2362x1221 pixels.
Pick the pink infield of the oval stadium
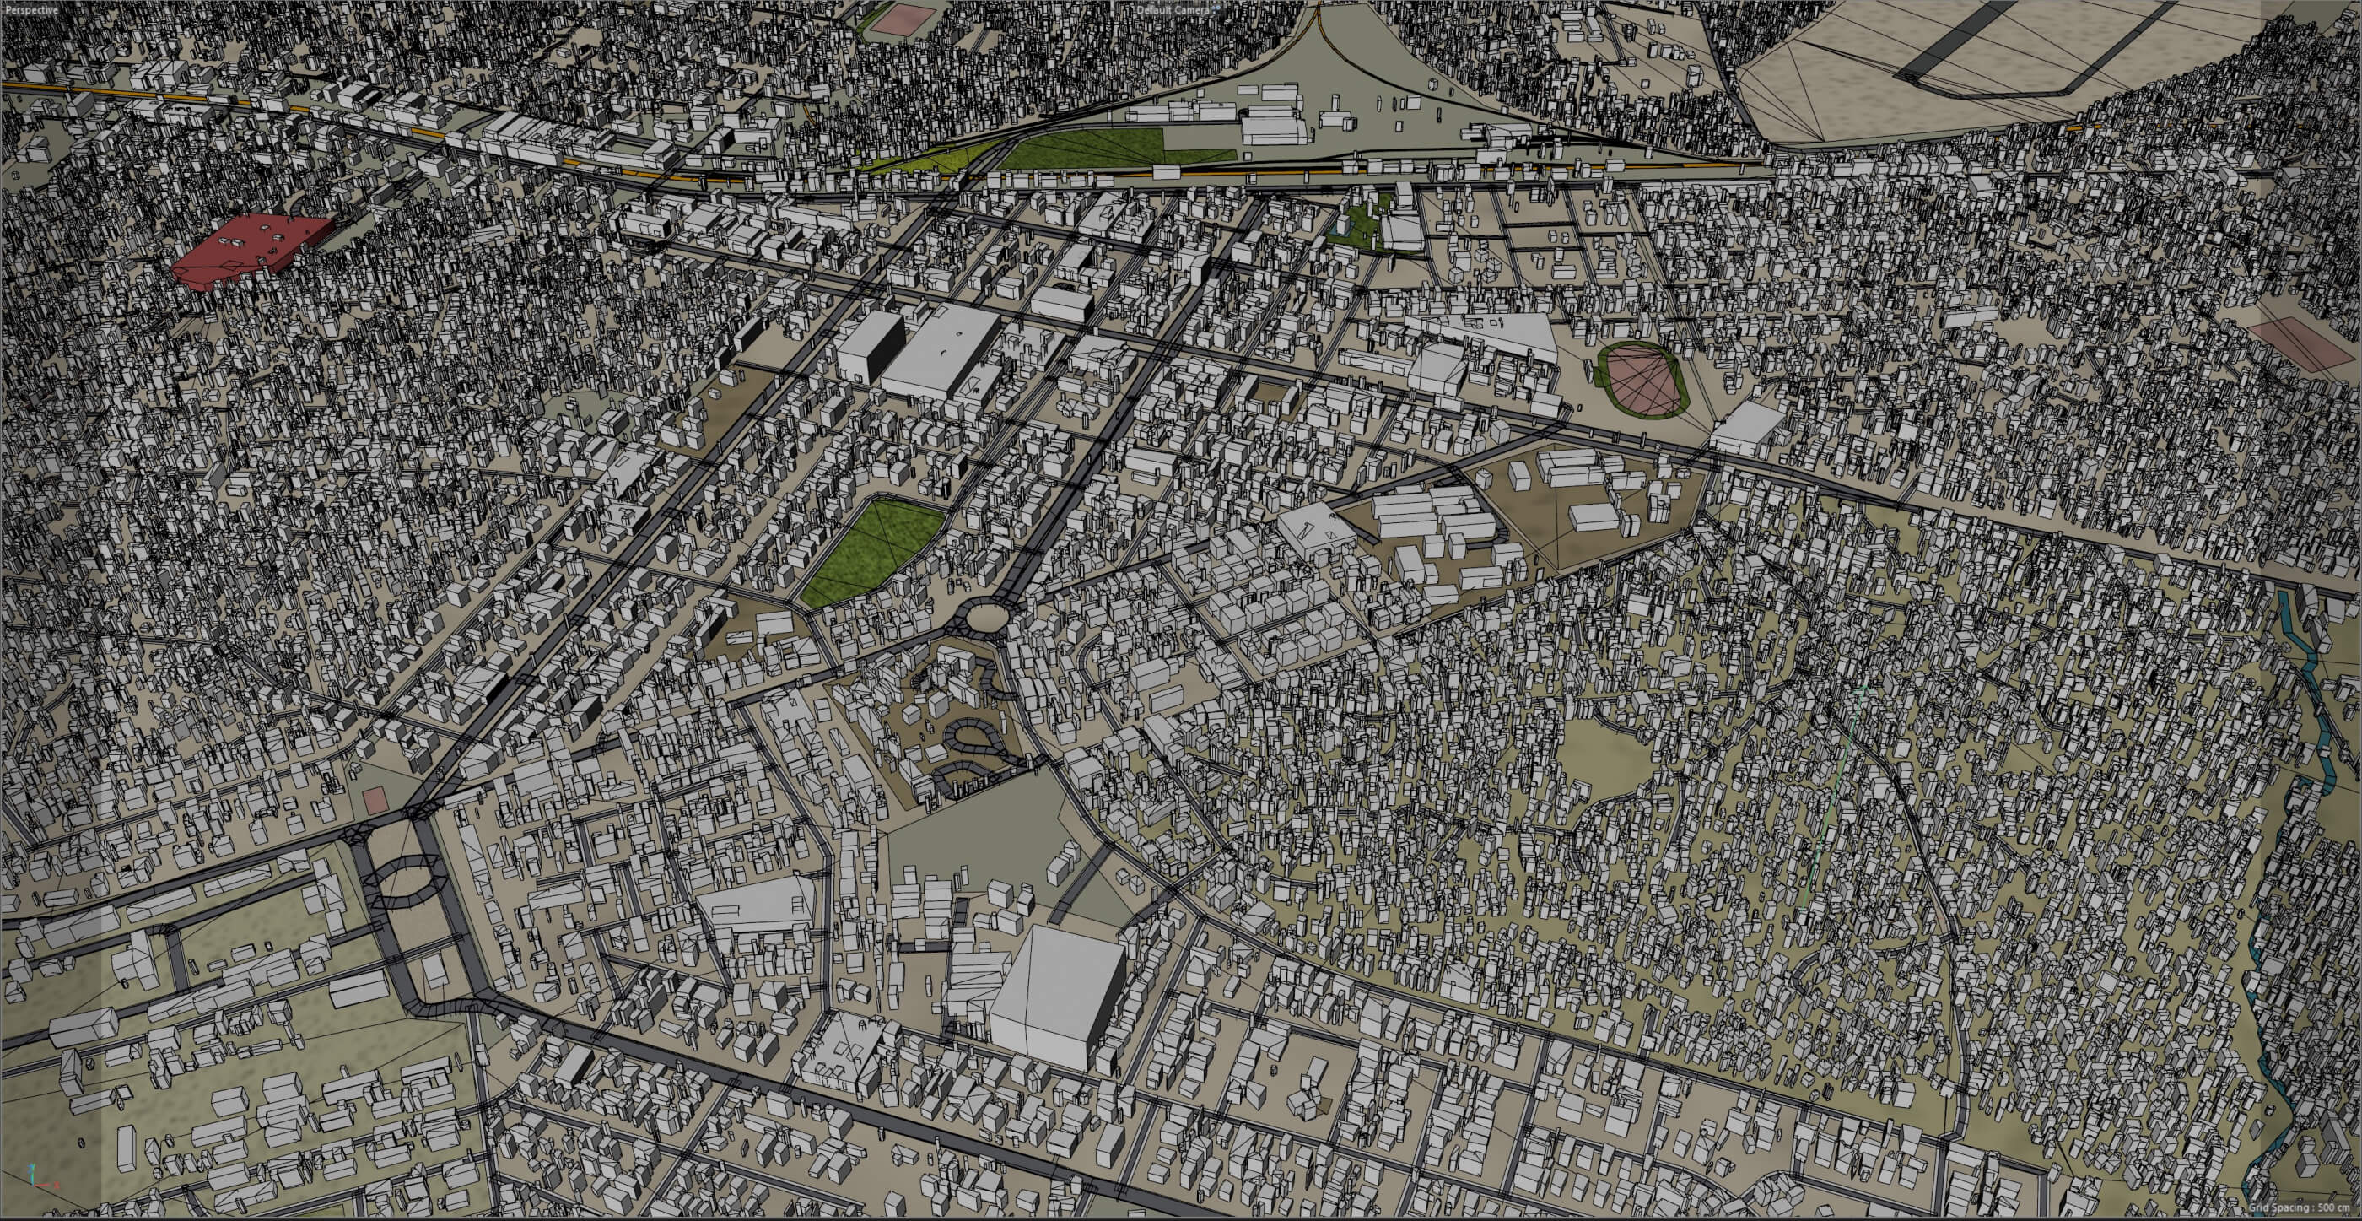1642,378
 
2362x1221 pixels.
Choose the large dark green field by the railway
1082,147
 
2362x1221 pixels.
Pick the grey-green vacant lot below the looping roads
972,853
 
